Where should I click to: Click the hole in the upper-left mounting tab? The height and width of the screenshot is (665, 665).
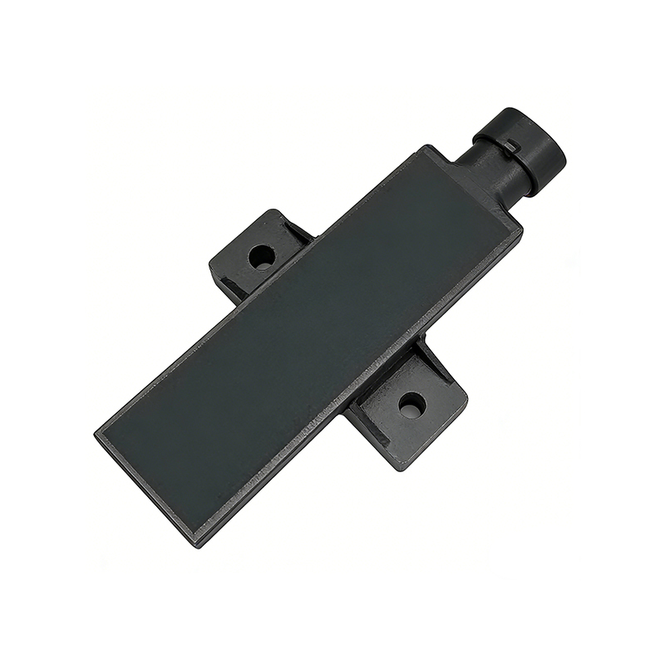click(262, 256)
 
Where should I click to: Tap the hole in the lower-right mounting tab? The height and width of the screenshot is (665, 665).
click(411, 406)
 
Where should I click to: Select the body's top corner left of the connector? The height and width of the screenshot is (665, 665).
click(427, 148)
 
